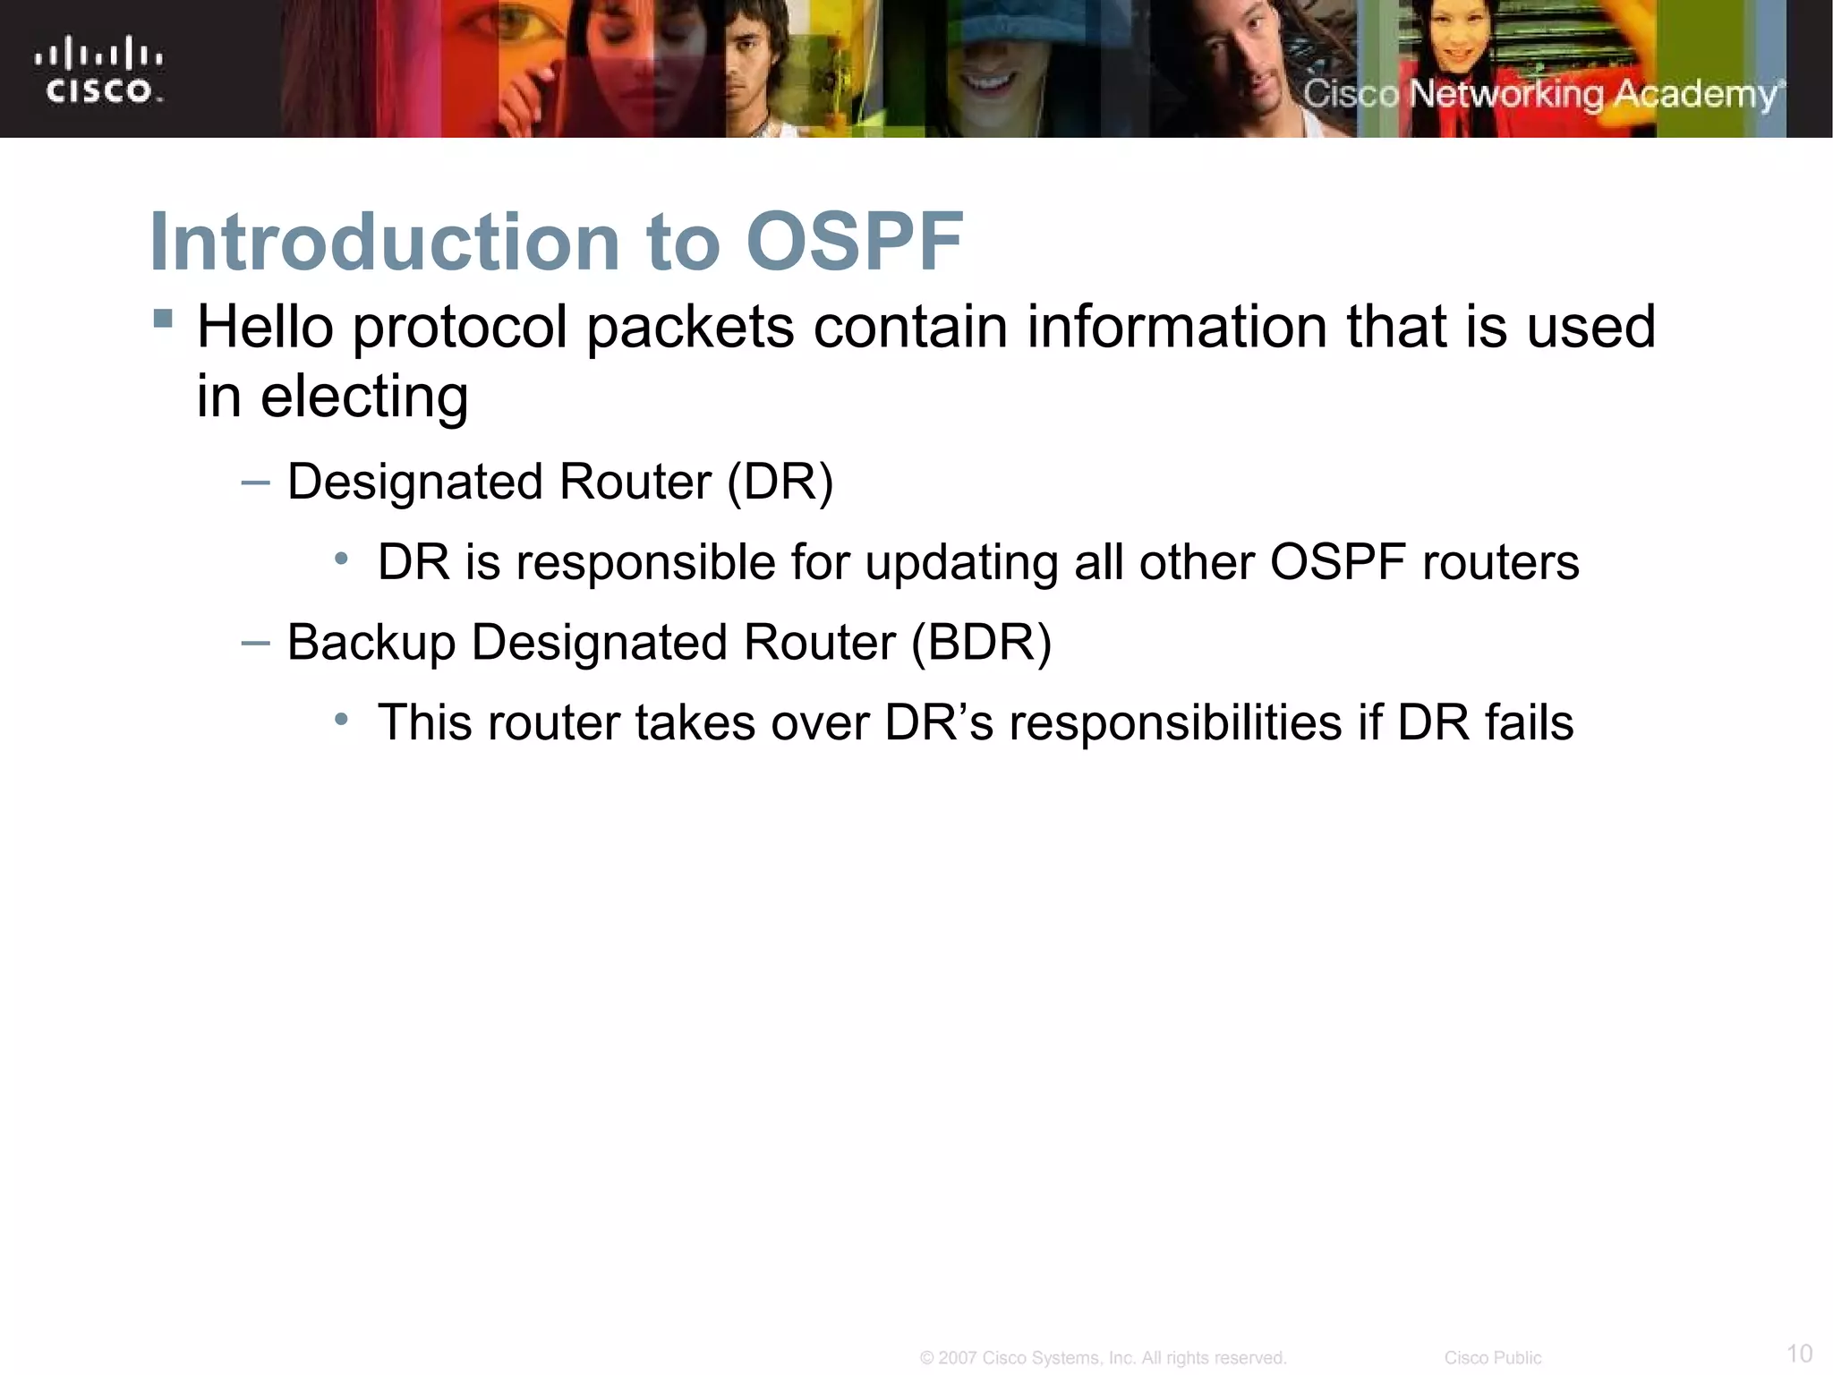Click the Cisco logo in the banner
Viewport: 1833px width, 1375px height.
(x=98, y=70)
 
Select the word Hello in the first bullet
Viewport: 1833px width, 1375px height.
(x=266, y=327)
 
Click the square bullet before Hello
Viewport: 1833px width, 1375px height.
(x=163, y=319)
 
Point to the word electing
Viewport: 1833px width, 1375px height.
(x=363, y=397)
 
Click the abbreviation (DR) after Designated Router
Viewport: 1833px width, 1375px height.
(x=780, y=483)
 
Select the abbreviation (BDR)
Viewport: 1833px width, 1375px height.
(x=981, y=643)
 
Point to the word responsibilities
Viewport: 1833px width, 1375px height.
(x=1175, y=723)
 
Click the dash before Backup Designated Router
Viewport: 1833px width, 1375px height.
(x=255, y=643)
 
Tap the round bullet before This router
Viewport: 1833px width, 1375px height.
(x=341, y=720)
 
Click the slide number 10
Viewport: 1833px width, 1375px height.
(x=1799, y=1353)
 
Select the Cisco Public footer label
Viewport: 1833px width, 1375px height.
(x=1492, y=1358)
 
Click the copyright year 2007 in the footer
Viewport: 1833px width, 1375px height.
(x=957, y=1358)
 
